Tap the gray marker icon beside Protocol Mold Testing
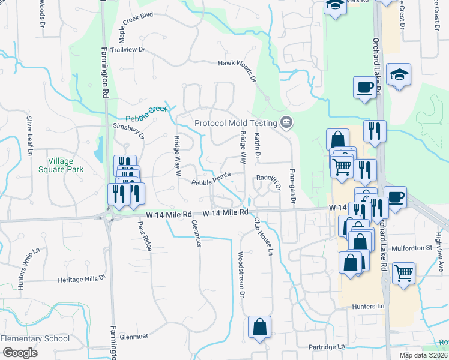click(x=286, y=122)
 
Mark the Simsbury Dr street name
click(x=129, y=130)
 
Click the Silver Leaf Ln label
click(x=28, y=136)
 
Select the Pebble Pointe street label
click(x=211, y=182)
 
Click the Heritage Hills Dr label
click(x=82, y=279)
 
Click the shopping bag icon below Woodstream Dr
click(x=260, y=327)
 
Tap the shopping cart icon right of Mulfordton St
click(x=403, y=273)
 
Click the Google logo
click(x=19, y=353)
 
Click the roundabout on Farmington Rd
click(x=109, y=217)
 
